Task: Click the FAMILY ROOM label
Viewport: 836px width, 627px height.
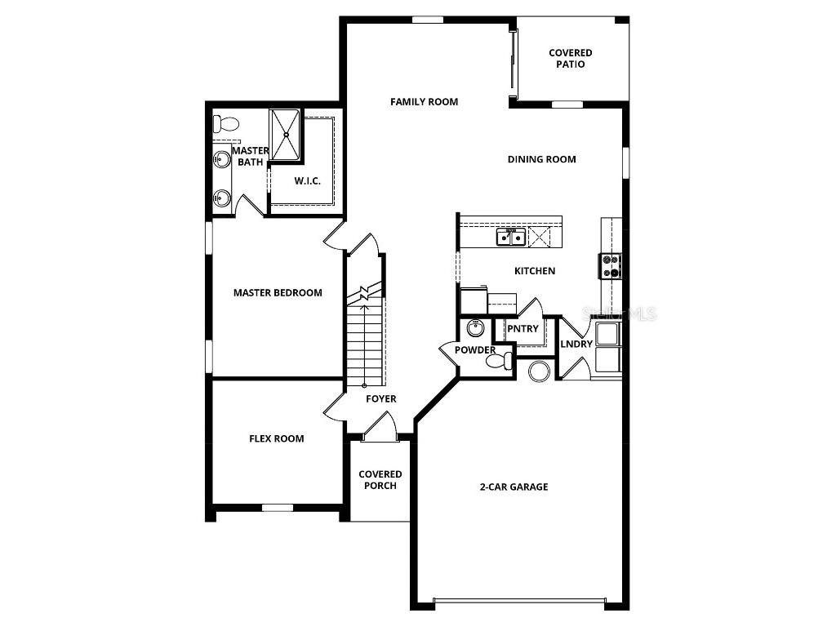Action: click(424, 102)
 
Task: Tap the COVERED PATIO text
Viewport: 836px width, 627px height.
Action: click(570, 59)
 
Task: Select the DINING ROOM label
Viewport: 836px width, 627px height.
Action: click(541, 159)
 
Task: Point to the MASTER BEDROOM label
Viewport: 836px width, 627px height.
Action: click(277, 292)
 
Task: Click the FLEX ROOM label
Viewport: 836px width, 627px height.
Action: click(276, 438)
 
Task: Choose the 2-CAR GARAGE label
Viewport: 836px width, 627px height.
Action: click(514, 487)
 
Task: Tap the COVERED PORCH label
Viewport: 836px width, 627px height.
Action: click(380, 480)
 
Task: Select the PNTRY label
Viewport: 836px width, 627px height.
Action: click(522, 329)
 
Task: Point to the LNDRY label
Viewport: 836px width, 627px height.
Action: click(576, 345)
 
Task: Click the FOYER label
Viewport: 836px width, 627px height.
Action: click(380, 399)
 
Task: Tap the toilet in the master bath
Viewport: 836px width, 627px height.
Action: click(225, 125)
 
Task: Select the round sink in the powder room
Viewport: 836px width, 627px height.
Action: click(476, 329)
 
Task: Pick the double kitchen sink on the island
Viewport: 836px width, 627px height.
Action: click(511, 238)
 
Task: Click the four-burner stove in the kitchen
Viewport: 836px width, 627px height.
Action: click(611, 266)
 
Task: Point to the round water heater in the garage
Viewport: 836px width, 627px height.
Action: click(539, 371)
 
